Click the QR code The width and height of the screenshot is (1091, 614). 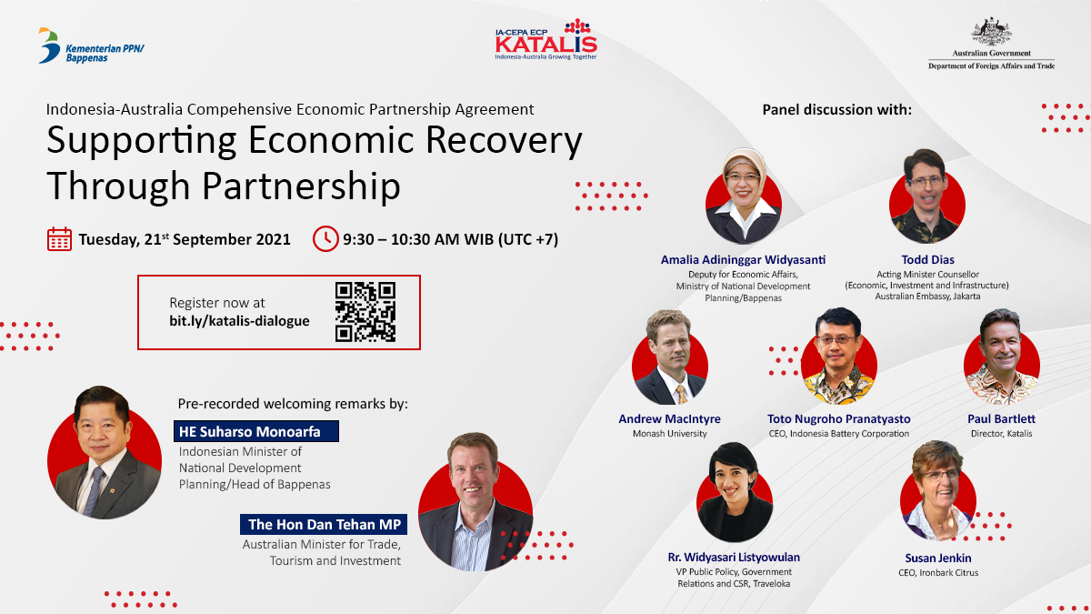tap(365, 311)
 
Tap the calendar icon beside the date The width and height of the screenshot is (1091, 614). tap(59, 239)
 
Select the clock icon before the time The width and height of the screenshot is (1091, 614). tap(325, 239)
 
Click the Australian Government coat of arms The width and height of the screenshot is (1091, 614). tap(991, 32)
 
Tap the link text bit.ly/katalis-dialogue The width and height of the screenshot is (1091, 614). tap(239, 320)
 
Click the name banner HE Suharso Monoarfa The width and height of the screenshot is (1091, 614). tap(255, 431)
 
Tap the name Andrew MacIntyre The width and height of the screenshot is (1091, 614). tap(669, 418)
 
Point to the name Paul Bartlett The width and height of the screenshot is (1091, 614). tap(1001, 418)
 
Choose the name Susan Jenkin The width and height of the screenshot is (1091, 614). tap(939, 557)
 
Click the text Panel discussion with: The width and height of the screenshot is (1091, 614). tap(836, 110)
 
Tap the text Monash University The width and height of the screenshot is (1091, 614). tap(669, 434)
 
